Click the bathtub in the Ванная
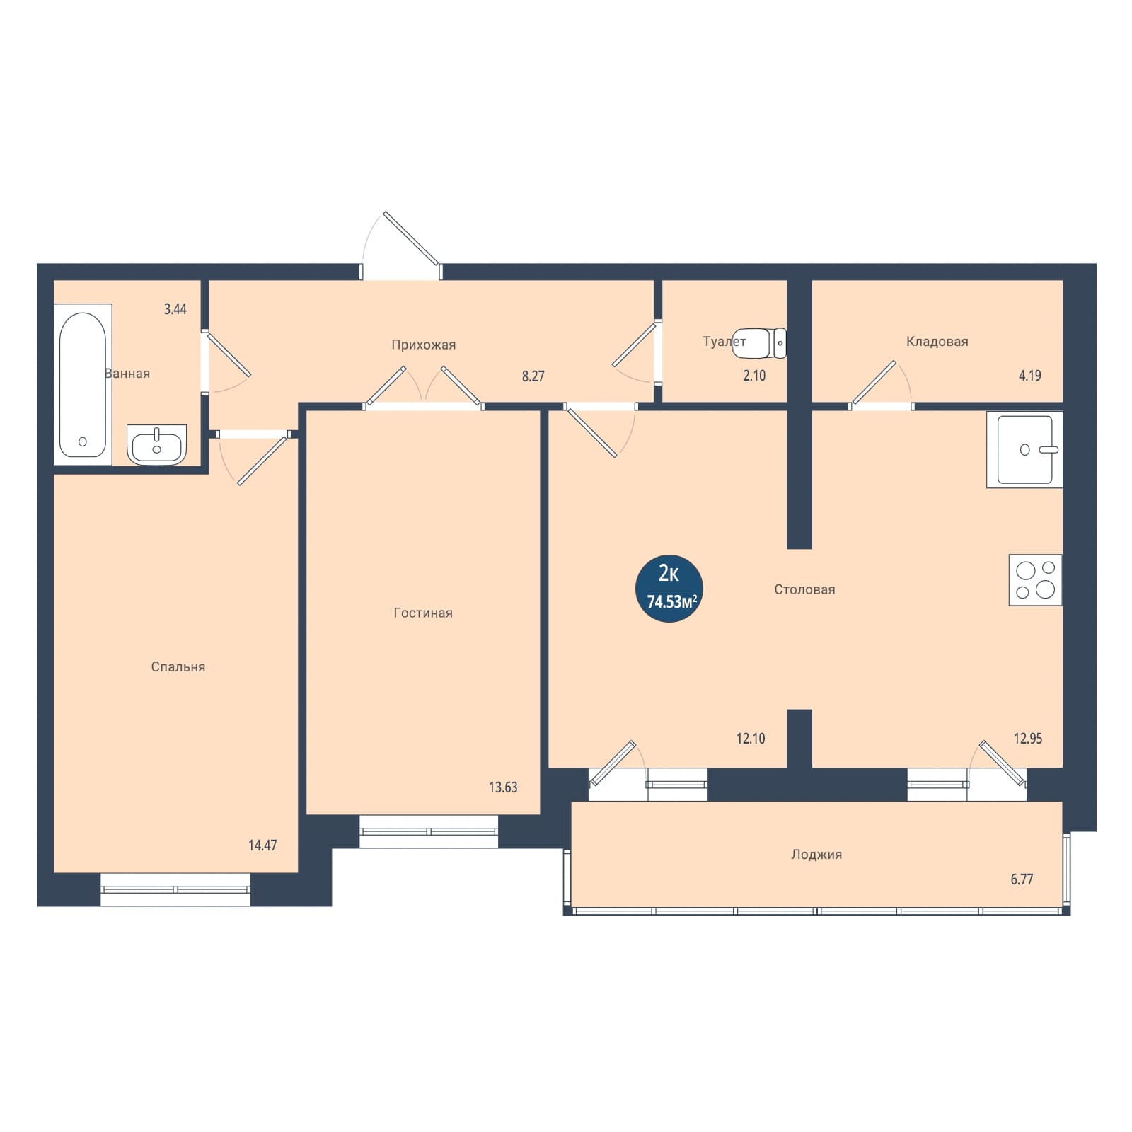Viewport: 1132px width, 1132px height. (83, 385)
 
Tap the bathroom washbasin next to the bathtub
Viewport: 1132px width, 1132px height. (157, 444)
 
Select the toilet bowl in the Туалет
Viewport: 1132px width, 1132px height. (759, 343)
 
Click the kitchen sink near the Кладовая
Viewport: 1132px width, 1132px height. (1024, 449)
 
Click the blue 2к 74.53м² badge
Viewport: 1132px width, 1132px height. (669, 589)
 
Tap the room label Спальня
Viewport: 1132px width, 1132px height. (178, 667)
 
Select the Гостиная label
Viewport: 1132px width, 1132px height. (423, 613)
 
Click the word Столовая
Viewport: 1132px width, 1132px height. (804, 589)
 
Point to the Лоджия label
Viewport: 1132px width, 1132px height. (816, 855)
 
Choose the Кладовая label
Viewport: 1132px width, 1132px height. (937, 342)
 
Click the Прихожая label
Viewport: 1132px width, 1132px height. (424, 345)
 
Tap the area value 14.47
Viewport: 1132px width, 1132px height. (262, 845)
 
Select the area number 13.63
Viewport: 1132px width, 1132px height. (503, 787)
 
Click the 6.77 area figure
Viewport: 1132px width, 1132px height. (1022, 879)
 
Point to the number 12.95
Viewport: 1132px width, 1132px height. (1028, 739)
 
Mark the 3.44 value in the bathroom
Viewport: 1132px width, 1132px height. (175, 309)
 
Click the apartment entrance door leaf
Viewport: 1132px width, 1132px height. (411, 238)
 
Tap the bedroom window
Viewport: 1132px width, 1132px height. (175, 889)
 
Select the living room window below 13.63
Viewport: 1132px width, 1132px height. (429, 831)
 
